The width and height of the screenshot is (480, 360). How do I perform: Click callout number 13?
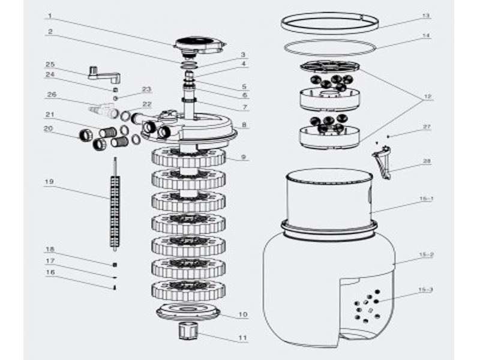[x=425, y=16]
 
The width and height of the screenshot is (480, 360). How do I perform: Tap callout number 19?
[x=50, y=181]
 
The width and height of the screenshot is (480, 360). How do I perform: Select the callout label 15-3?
[x=425, y=290]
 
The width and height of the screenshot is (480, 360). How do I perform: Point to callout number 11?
[x=242, y=338]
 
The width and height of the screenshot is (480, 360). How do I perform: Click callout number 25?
[x=50, y=64]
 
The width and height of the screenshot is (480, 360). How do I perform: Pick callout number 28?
[x=425, y=161]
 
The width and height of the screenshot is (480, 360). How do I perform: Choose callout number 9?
[x=242, y=158]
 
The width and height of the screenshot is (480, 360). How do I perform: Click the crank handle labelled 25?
[x=104, y=75]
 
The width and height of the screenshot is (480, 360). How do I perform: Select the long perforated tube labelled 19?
[x=113, y=204]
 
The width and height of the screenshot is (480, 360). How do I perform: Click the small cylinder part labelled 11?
[x=188, y=330]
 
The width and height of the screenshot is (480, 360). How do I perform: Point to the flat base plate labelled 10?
[x=188, y=311]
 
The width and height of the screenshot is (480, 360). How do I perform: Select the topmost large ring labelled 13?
[x=329, y=23]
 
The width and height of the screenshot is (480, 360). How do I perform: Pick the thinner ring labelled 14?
[x=329, y=47]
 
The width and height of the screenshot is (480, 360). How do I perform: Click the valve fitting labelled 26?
[x=103, y=110]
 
